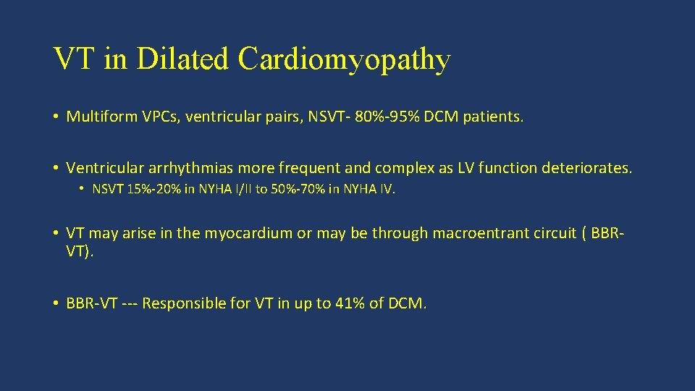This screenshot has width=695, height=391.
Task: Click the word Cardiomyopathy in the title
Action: click(x=344, y=59)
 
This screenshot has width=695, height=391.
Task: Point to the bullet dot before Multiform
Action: click(x=55, y=117)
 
